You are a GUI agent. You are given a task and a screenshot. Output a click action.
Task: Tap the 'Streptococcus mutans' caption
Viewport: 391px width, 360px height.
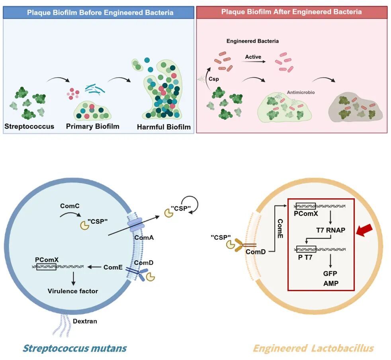tap(74, 348)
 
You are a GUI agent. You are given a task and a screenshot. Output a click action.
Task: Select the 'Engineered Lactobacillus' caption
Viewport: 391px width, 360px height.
tap(313, 348)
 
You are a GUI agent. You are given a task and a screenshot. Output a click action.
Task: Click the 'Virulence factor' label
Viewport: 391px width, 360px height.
tap(73, 291)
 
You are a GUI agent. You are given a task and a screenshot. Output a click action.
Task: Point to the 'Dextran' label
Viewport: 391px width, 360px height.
tap(85, 321)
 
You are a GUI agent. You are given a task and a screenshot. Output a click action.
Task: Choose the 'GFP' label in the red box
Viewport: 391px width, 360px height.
tap(330, 274)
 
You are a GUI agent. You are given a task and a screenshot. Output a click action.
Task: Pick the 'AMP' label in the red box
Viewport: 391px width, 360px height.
tap(331, 284)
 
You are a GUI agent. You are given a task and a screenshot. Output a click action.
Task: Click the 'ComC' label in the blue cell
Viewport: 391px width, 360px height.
tap(70, 206)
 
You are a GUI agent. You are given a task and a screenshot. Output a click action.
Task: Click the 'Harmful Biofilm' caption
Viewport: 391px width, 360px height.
tap(164, 127)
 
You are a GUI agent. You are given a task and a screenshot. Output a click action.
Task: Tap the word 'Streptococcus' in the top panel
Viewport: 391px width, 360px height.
tap(29, 127)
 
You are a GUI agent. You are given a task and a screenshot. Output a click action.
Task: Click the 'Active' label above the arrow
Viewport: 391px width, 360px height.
tap(253, 57)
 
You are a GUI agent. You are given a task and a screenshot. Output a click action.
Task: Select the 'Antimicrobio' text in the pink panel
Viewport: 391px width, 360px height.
tap(301, 92)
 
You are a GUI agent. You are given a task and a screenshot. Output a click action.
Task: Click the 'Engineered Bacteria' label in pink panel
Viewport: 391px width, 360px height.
tap(252, 41)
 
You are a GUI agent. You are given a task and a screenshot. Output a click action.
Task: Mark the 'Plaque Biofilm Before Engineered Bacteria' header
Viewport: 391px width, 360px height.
tap(100, 12)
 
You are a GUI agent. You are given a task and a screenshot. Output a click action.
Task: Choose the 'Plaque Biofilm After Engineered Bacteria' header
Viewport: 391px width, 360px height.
tap(291, 12)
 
